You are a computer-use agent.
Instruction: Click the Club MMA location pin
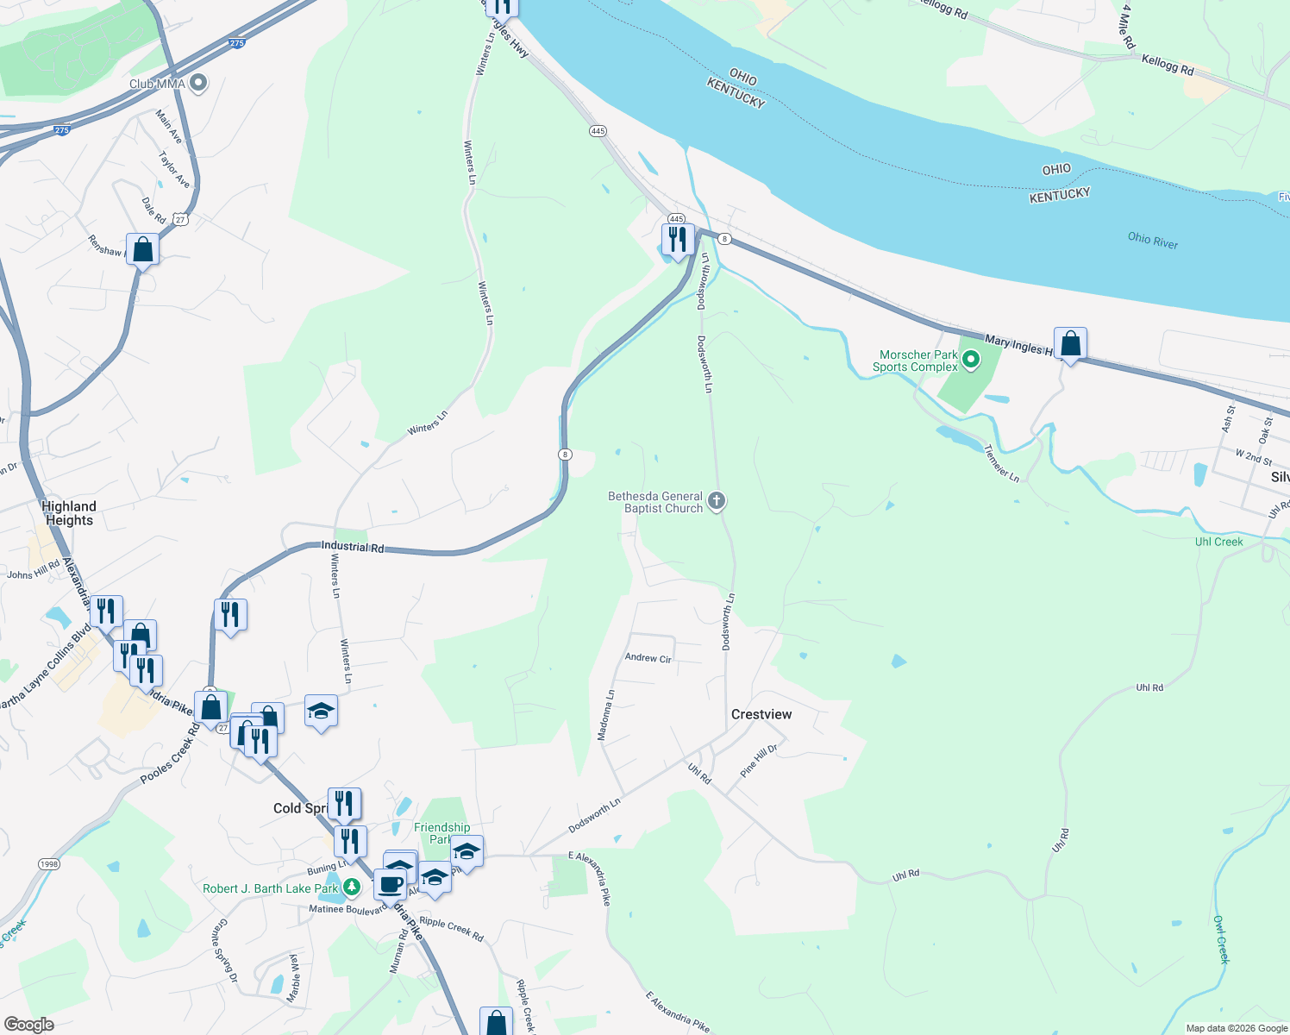click(x=199, y=83)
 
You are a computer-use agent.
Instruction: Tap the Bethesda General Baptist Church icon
click(x=717, y=501)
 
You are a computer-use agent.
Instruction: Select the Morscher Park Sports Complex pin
click(x=971, y=360)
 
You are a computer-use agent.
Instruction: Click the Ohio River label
click(x=1152, y=241)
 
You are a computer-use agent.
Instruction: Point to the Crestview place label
click(x=761, y=714)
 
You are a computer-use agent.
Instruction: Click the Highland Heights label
click(x=70, y=513)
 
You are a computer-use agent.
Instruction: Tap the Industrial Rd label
click(x=352, y=547)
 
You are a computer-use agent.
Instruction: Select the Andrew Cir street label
click(x=648, y=658)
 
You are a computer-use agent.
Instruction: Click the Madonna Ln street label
click(x=606, y=715)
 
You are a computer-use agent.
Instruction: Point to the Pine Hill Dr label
click(x=758, y=760)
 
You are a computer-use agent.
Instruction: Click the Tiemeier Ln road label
click(x=1001, y=463)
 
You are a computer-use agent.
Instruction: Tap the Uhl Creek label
click(x=1218, y=542)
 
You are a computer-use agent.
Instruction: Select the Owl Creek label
click(x=1221, y=939)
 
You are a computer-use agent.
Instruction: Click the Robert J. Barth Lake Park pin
click(x=351, y=887)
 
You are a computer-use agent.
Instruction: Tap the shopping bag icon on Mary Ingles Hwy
click(x=1070, y=343)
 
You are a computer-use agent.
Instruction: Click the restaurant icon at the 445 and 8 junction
click(x=678, y=239)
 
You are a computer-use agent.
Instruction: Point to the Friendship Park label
click(x=441, y=833)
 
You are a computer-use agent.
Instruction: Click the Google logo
click(x=29, y=1025)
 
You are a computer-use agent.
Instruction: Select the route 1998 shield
click(x=49, y=864)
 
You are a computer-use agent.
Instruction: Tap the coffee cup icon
click(x=390, y=884)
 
